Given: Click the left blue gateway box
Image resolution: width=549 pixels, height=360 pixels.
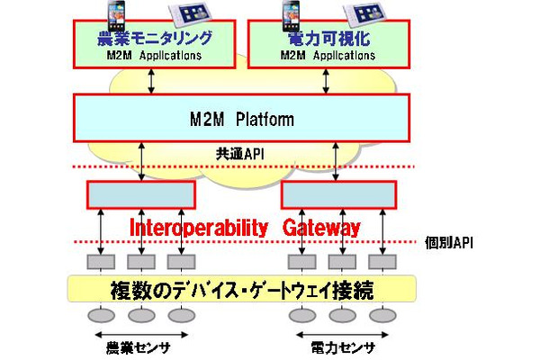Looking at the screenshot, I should (140, 193).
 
